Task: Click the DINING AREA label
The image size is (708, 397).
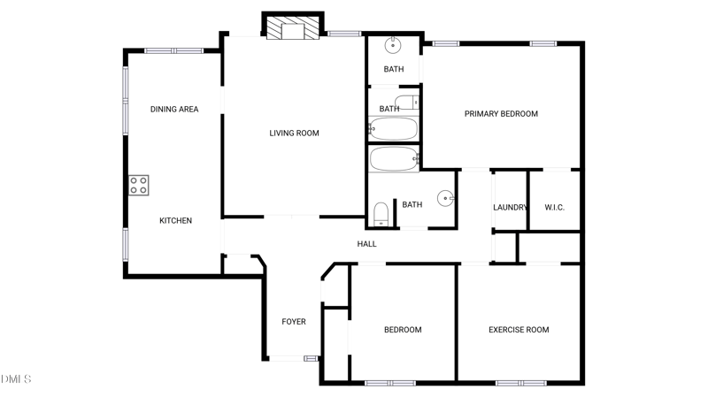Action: click(x=174, y=110)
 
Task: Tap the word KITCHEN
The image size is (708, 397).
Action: click(x=175, y=221)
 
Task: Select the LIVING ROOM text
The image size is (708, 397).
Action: click(x=294, y=134)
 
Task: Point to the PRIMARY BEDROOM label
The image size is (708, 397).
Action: click(x=502, y=114)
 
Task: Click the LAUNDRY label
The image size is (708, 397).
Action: click(x=510, y=208)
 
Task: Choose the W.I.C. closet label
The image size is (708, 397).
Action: click(x=554, y=208)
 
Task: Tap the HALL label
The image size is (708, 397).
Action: click(x=366, y=244)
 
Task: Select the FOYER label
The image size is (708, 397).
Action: click(x=294, y=322)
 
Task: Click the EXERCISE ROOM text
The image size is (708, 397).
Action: click(x=519, y=330)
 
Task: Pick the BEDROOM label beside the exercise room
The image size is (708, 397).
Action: click(x=403, y=330)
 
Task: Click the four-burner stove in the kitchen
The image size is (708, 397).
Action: click(x=139, y=186)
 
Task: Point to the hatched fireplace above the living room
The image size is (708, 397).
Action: click(x=293, y=28)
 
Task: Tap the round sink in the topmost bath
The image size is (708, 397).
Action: click(x=393, y=45)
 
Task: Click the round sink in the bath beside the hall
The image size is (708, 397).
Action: click(x=444, y=198)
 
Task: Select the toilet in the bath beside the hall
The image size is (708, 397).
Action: click(x=381, y=215)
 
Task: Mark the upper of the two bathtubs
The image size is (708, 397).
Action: click(x=393, y=130)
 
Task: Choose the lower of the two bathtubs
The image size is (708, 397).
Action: click(x=394, y=160)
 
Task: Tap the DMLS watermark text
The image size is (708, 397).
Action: click(x=16, y=379)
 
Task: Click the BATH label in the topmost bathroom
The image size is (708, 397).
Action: click(x=394, y=70)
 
